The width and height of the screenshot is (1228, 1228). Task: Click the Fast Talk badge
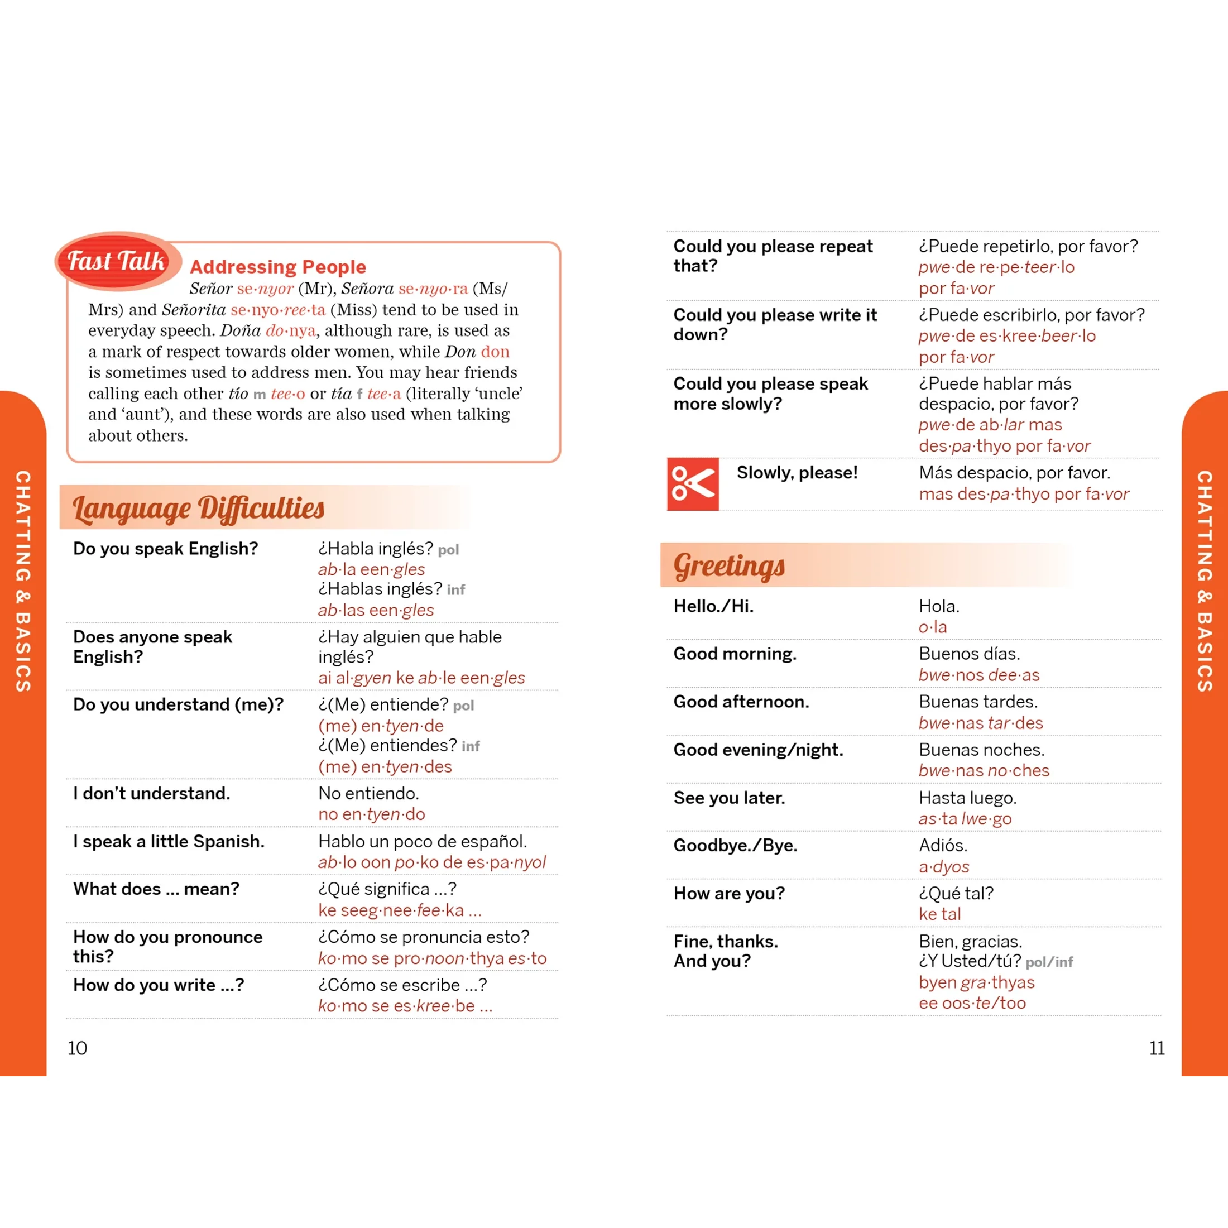(x=116, y=261)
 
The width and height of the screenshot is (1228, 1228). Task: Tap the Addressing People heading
(x=278, y=266)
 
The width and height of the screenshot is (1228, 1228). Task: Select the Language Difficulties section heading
(x=198, y=508)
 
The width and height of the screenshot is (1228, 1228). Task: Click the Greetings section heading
(x=729, y=565)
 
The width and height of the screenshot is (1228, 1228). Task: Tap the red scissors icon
(x=693, y=484)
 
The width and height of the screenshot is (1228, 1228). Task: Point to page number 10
(x=78, y=1048)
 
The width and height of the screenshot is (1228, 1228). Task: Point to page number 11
(x=1157, y=1048)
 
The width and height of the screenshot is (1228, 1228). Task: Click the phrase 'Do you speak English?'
(x=165, y=549)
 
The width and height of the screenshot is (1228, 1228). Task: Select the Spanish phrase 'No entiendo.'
(x=368, y=793)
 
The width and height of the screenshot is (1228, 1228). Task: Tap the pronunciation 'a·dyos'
(x=944, y=866)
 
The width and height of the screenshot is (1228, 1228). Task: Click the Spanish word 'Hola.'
(x=939, y=606)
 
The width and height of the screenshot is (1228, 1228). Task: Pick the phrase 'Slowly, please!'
(x=797, y=472)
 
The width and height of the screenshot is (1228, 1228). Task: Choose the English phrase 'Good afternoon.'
(x=741, y=702)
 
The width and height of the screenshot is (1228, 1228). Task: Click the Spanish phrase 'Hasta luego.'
(x=967, y=798)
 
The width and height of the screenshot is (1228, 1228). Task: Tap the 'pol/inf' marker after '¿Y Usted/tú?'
(x=1049, y=962)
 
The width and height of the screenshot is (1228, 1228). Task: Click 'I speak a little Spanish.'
(x=169, y=842)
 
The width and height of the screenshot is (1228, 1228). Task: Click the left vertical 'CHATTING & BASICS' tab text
(x=23, y=581)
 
